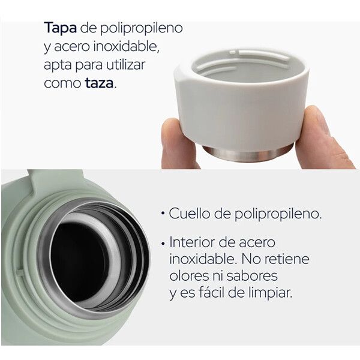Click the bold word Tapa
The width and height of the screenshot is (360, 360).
(61, 28)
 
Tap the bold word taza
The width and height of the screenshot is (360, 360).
(99, 83)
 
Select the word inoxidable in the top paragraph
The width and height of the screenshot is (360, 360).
(126, 46)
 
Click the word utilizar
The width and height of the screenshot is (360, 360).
(125, 65)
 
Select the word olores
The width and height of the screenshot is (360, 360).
(190, 276)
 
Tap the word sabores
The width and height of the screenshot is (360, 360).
(252, 276)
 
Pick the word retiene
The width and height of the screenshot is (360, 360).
(287, 259)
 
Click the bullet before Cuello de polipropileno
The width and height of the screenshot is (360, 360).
(163, 214)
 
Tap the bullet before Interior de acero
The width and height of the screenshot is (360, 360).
(163, 244)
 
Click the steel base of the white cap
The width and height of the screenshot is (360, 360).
(248, 154)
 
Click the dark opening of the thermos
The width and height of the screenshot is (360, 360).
(79, 262)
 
